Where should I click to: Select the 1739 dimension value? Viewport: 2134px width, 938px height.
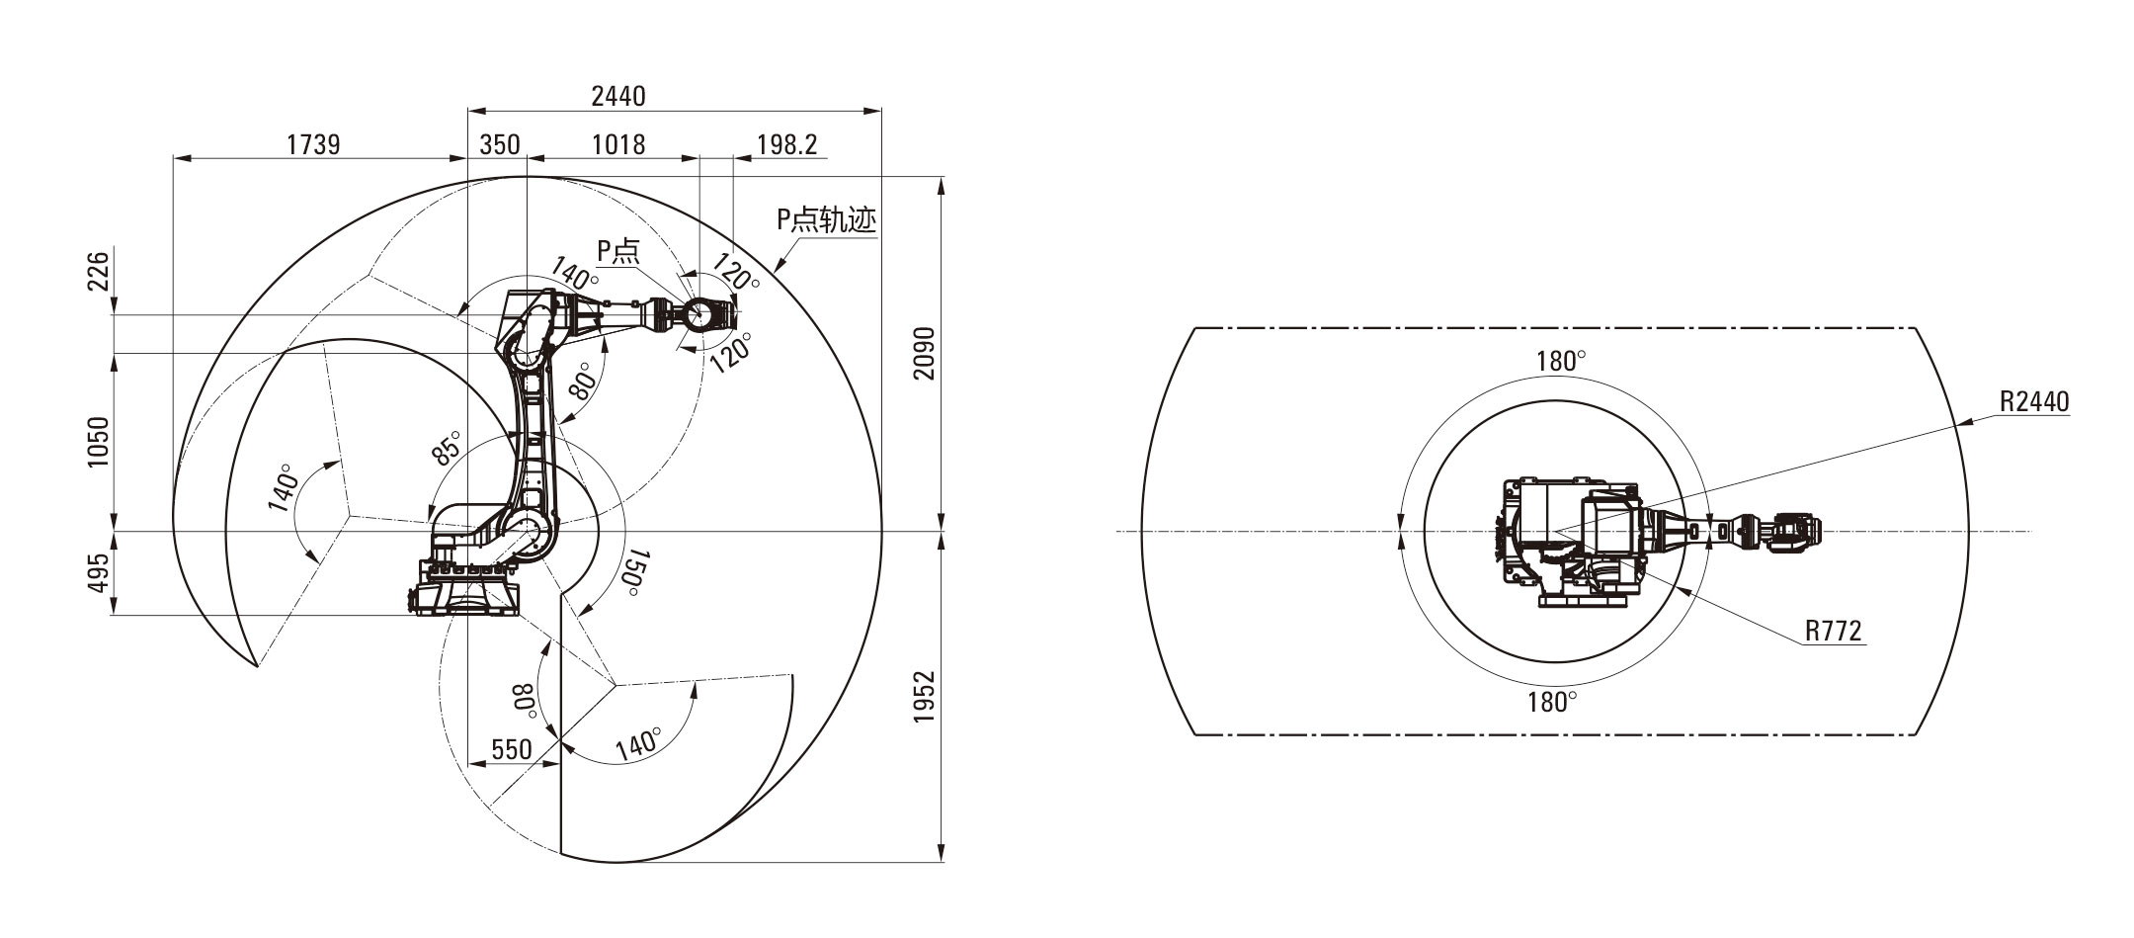pyautogui.click(x=313, y=144)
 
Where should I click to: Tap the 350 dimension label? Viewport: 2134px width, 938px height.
pyautogui.click(x=499, y=144)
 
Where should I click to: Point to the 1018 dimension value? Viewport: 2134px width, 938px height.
pyautogui.click(x=618, y=144)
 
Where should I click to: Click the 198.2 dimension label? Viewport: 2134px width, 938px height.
pyautogui.click(x=787, y=144)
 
